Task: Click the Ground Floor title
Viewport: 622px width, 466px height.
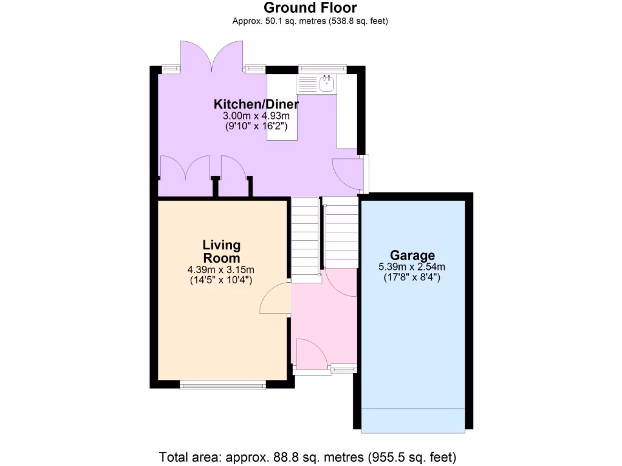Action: pos(310,8)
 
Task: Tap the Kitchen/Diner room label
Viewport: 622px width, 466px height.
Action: pos(256,104)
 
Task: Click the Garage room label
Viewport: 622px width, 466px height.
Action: pos(412,255)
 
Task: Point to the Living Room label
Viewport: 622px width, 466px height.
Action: pos(221,251)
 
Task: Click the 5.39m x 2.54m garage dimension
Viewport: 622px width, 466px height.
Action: pos(412,267)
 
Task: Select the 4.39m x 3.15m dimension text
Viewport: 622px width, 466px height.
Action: pos(221,269)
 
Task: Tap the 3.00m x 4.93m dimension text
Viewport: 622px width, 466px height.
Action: pos(256,115)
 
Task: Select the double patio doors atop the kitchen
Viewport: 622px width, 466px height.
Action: pos(212,56)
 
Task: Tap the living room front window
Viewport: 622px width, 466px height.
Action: pos(223,384)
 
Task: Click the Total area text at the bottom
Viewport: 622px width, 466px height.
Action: pos(307,456)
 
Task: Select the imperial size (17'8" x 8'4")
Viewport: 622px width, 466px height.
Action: pos(412,278)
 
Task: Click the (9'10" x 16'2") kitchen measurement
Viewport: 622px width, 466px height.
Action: pos(256,126)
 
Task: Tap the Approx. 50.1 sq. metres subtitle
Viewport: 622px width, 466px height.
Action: pos(310,21)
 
